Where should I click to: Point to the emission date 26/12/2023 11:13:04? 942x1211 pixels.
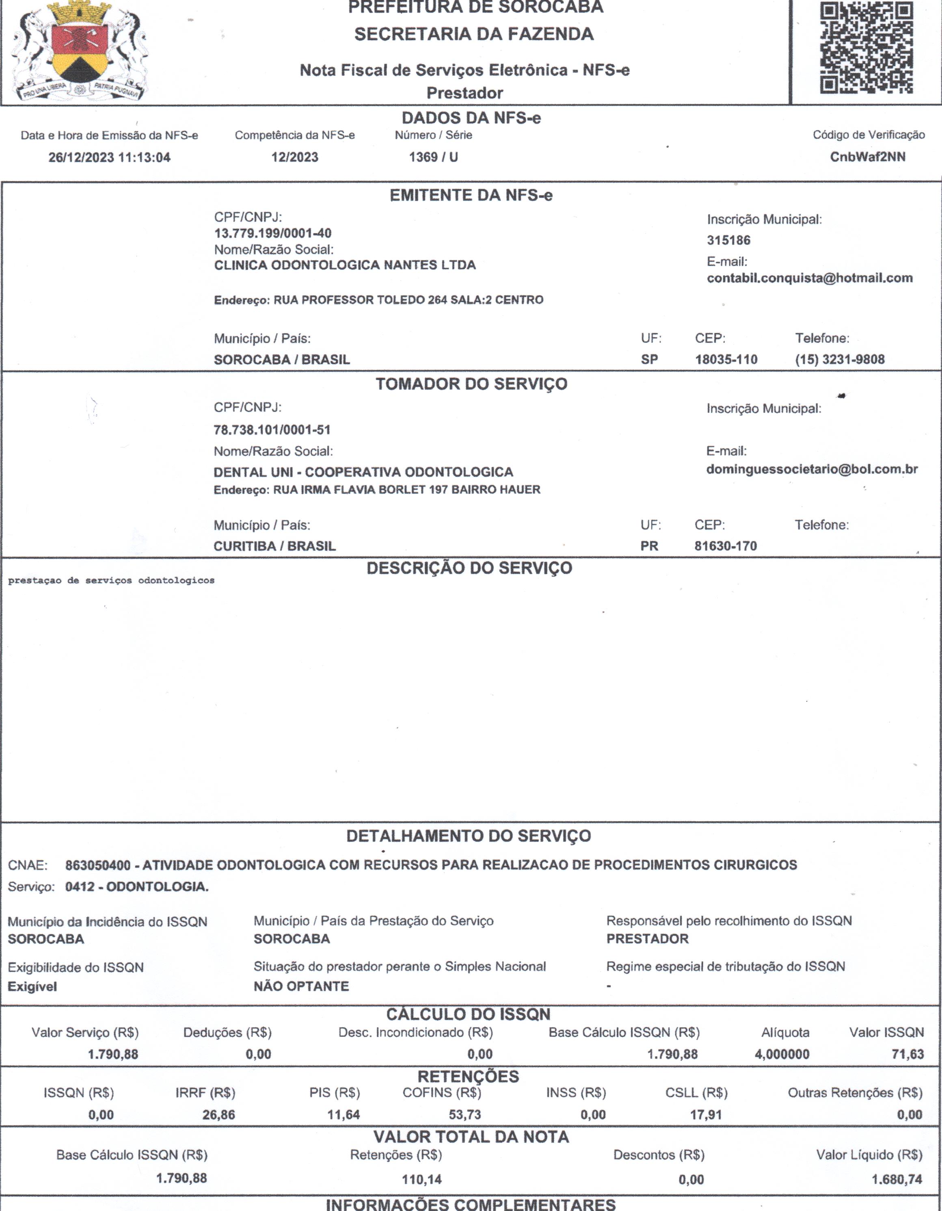(x=109, y=158)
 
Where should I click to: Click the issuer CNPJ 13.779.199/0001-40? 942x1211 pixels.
(x=272, y=233)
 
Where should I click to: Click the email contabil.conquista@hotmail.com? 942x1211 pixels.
(x=810, y=278)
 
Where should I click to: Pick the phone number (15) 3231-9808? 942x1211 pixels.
(x=840, y=359)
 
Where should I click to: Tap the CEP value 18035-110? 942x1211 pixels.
(x=726, y=359)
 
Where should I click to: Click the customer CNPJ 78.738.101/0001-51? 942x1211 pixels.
(x=272, y=430)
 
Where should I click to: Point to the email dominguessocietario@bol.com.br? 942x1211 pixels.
(x=812, y=469)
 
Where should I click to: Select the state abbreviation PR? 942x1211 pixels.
(x=649, y=546)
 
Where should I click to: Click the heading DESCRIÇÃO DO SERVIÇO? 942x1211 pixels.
(x=469, y=569)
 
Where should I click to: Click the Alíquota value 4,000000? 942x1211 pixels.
(x=782, y=1054)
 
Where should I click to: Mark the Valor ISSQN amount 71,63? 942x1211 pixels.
(x=907, y=1054)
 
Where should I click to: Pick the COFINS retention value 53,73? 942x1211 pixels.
(x=465, y=1115)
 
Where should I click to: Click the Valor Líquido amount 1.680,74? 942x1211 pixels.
(x=897, y=1179)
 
